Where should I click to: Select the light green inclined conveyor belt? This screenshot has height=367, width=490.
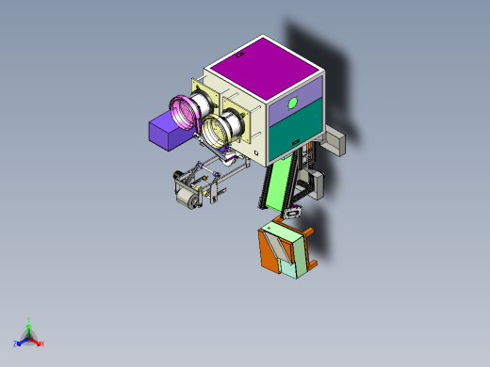[274, 184]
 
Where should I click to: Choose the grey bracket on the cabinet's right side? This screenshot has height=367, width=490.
[334, 142]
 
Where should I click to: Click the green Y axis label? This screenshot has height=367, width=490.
[29, 320]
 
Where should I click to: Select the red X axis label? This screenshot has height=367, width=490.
[41, 343]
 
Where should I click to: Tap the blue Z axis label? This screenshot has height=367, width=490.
[16, 343]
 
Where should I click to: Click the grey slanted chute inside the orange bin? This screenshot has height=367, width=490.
[280, 247]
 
